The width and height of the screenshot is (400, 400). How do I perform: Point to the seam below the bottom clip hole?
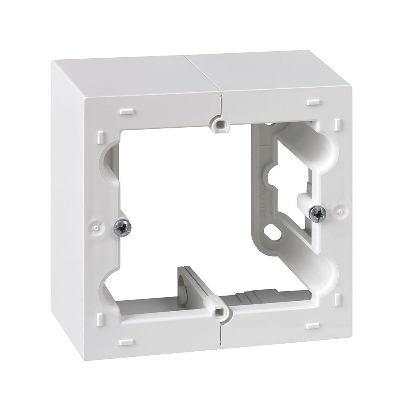221,336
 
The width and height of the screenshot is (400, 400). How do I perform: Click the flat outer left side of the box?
68,200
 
